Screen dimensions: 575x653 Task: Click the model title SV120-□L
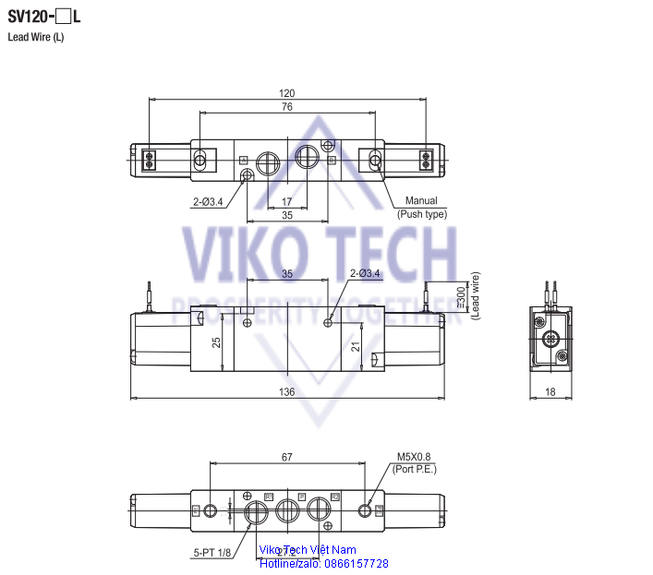[x=45, y=16]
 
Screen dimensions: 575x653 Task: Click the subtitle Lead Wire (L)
[x=36, y=37]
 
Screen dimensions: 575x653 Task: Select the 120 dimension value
[x=286, y=93]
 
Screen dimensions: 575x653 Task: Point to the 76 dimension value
[x=286, y=107]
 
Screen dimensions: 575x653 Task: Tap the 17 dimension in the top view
[x=286, y=201]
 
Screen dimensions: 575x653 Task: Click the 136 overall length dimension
[x=286, y=392]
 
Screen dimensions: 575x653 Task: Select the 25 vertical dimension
[x=216, y=342]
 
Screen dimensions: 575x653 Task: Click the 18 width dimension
[x=550, y=392]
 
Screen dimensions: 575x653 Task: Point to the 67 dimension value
[x=287, y=456]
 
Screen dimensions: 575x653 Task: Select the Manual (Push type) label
[x=421, y=208]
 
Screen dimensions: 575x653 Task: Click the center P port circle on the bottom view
[x=288, y=509]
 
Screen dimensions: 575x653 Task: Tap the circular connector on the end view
[x=552, y=339]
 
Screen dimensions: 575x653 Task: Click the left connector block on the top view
[x=148, y=161]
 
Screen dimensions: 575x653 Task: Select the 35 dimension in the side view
[x=286, y=273]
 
